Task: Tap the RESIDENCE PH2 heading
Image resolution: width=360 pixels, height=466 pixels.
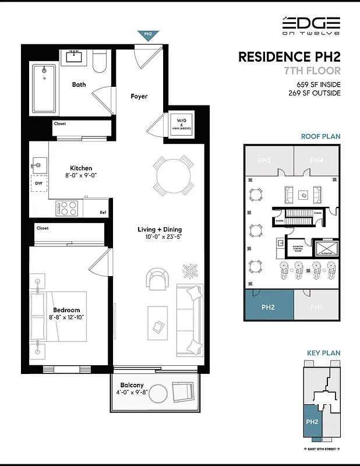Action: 289,57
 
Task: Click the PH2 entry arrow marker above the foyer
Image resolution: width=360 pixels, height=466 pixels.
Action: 148,35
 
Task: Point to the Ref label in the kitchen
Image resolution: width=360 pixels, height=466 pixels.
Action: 103,213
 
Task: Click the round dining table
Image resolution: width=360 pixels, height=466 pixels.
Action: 173,176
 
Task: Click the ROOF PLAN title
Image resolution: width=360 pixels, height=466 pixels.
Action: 320,136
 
